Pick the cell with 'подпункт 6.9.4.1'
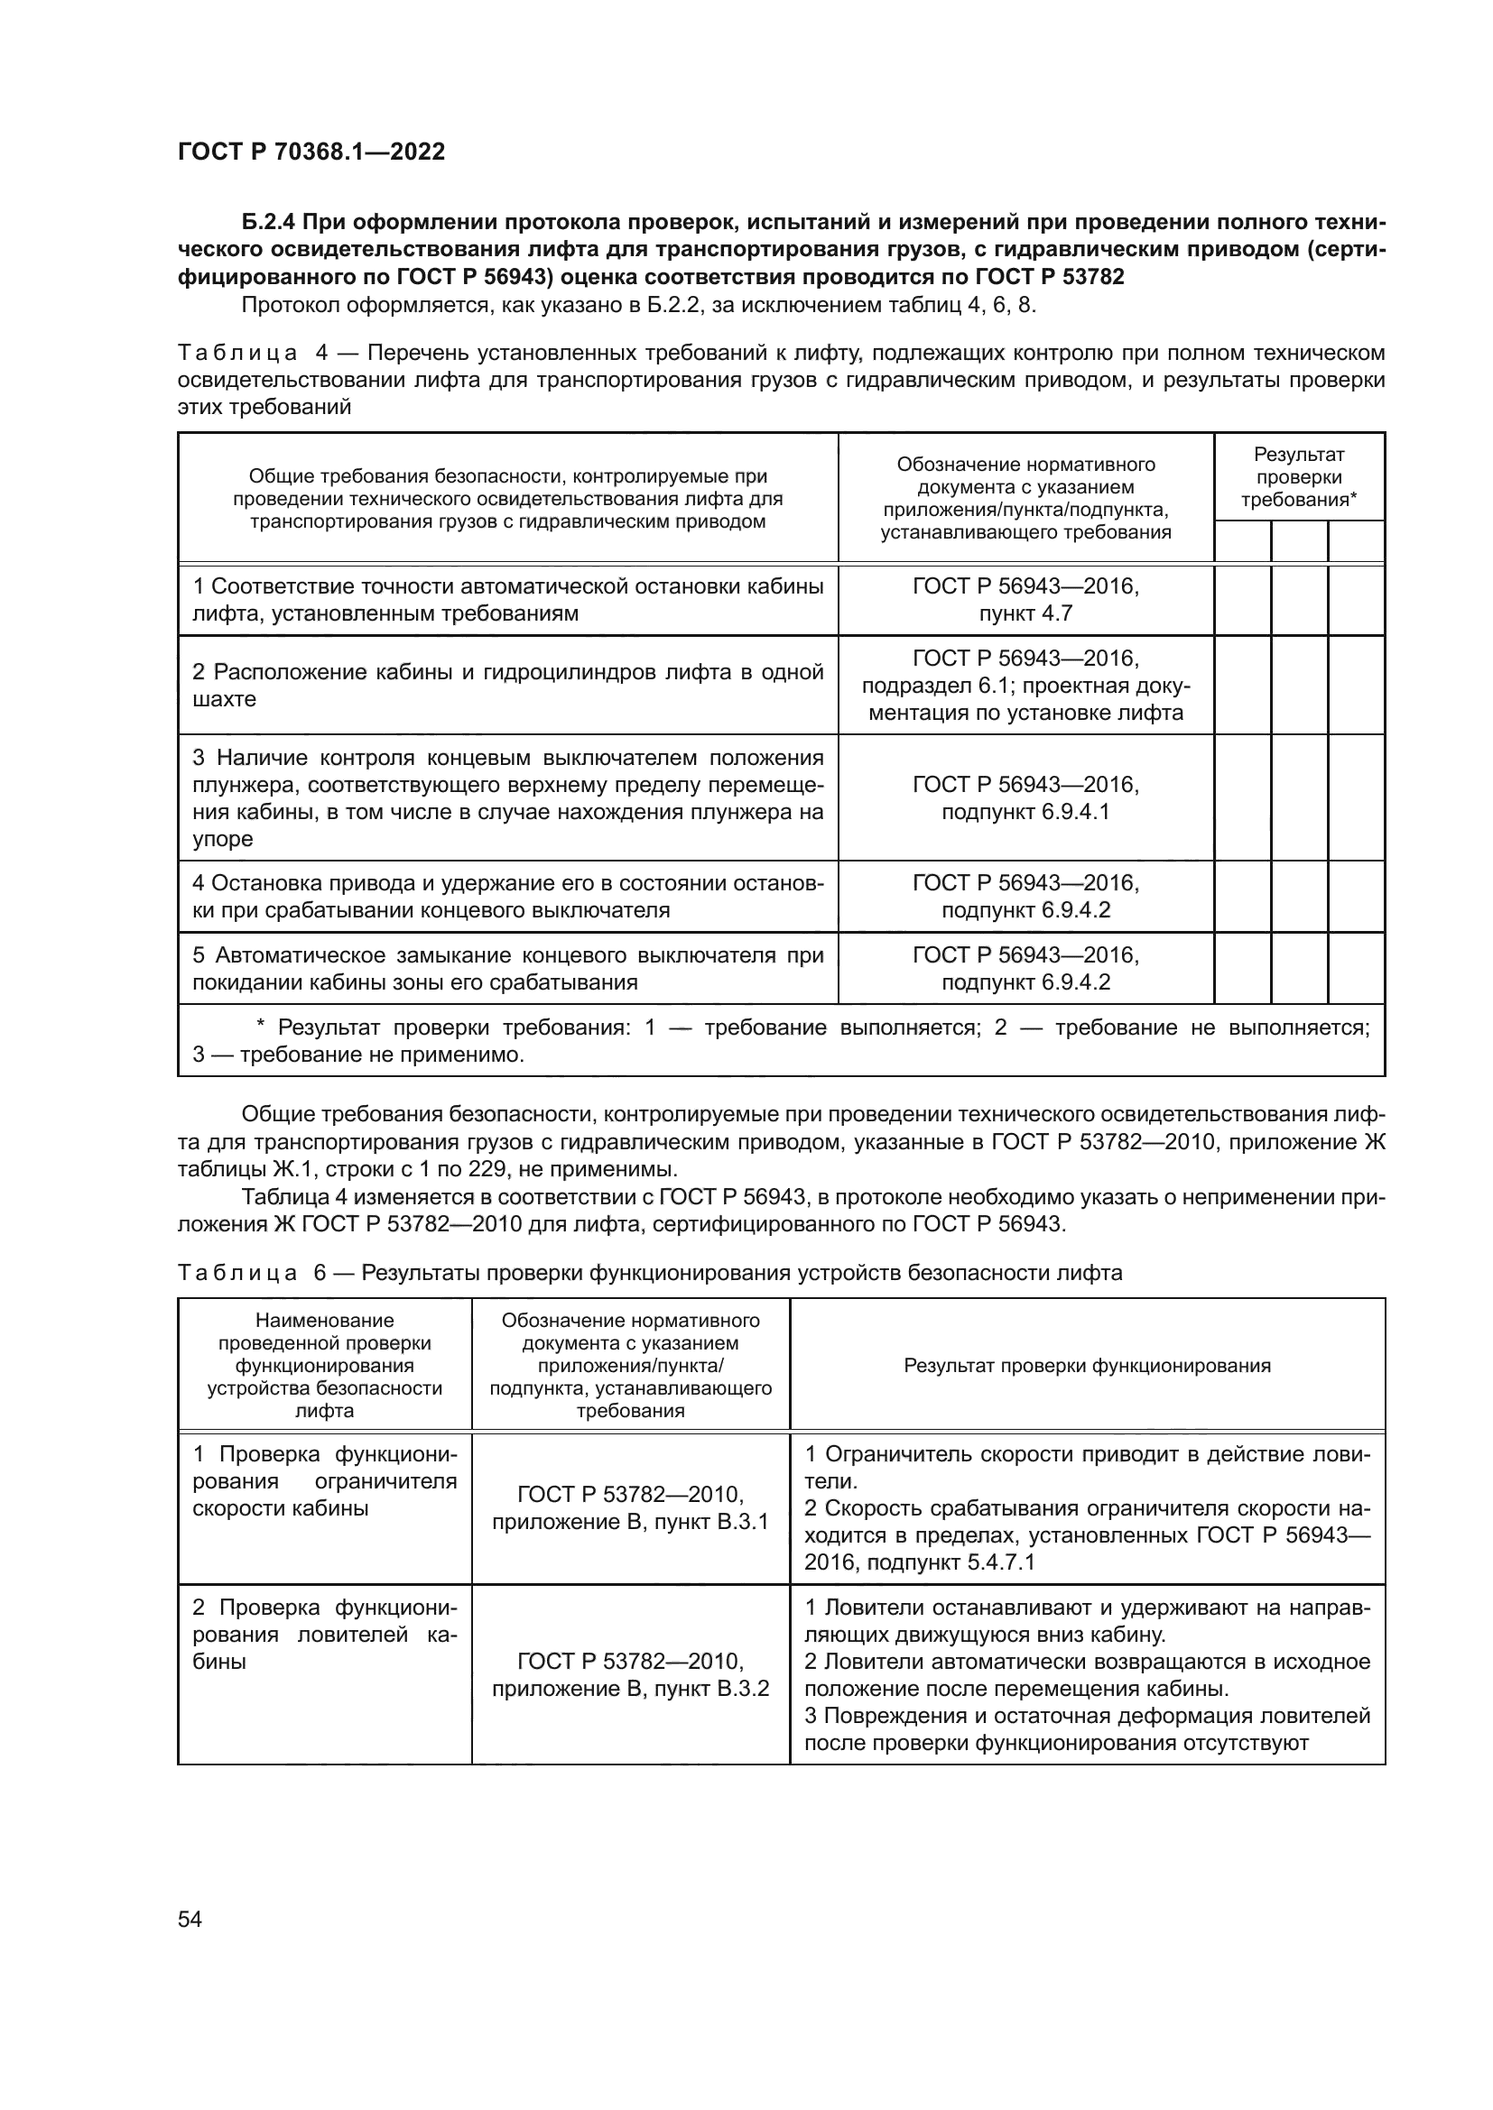click(1025, 813)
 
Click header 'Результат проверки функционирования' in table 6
click(1087, 1366)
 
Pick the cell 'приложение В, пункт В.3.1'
click(630, 1522)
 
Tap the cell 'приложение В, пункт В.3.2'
click(630, 1689)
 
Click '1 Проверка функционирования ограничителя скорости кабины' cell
click(325, 1481)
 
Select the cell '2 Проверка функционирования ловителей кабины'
click(325, 1635)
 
